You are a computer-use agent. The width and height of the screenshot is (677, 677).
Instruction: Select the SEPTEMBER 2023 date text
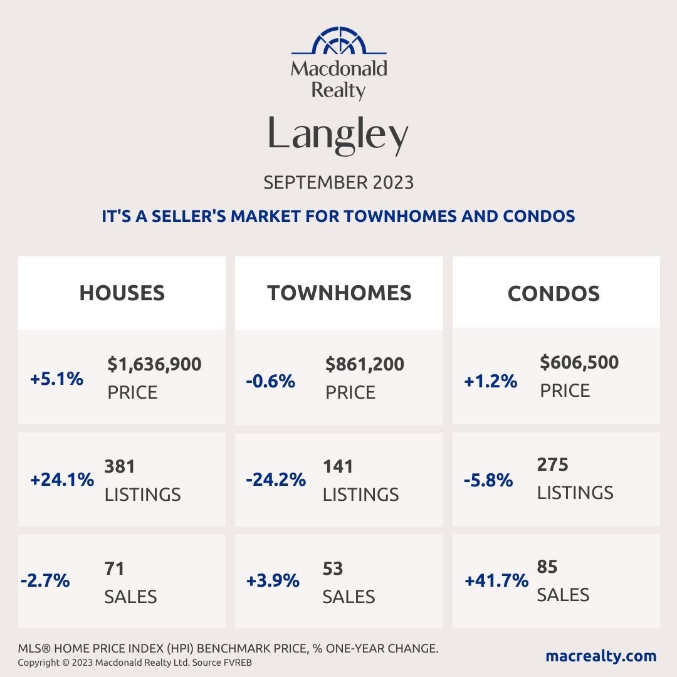point(338,182)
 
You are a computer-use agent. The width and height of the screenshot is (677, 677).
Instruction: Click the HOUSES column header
point(122,293)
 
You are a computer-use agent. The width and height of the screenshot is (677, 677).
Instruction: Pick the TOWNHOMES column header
point(339,293)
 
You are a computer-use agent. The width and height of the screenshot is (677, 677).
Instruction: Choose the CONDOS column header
point(554,293)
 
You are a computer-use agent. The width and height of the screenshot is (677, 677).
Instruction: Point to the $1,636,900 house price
point(154,364)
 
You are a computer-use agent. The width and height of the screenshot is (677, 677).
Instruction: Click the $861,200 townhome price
point(365,364)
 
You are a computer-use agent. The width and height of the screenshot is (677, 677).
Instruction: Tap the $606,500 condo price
point(579,362)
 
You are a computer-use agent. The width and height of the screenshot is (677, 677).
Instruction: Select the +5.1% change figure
point(56,379)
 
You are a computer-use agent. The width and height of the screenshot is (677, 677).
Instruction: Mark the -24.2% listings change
point(276,480)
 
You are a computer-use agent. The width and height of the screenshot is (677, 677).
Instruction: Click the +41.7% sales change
point(496,581)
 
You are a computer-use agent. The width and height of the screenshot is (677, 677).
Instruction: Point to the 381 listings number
point(120,466)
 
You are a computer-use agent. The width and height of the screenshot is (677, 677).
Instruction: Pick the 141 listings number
point(338,466)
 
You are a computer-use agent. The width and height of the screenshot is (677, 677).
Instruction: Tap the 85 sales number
point(547,567)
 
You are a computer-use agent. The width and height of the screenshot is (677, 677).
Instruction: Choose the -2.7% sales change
point(45,581)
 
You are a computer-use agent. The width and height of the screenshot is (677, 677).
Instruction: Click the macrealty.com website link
point(601,656)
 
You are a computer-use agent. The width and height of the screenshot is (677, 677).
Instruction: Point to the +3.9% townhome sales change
point(273,581)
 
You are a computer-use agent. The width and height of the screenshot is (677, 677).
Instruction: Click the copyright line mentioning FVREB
point(135,663)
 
